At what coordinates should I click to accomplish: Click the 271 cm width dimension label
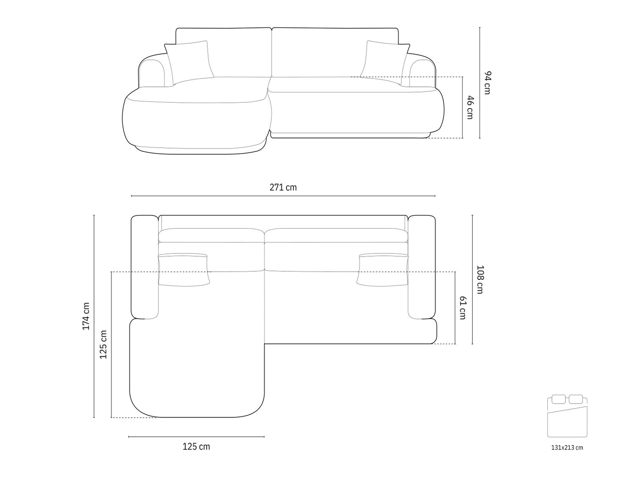coord(283,187)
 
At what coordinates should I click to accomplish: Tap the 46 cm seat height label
coord(469,107)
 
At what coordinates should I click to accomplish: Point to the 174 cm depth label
coord(86,316)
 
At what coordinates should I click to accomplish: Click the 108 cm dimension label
coord(480,279)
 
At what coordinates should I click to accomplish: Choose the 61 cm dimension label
coord(462,308)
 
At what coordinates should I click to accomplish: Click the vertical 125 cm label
coord(103,344)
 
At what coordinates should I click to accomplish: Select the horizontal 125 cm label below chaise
coord(196,446)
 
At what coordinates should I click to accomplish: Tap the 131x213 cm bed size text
coord(567,447)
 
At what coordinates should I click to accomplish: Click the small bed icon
coord(567,416)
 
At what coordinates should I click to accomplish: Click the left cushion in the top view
coord(184,269)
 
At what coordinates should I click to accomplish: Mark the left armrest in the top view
coord(145,267)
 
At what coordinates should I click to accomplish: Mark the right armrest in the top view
coord(422,267)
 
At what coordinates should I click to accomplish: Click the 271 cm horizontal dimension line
coord(283,196)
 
